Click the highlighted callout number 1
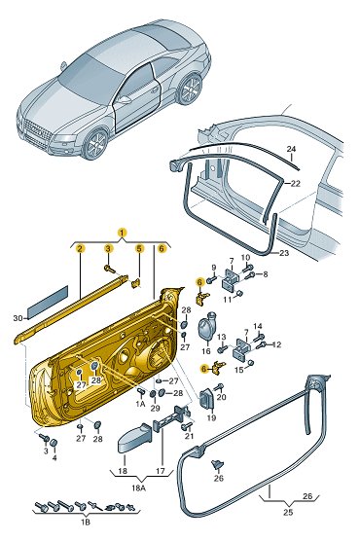[122, 233]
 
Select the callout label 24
[291, 149]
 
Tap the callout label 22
[296, 184]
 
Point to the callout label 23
[284, 253]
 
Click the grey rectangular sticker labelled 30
[48, 303]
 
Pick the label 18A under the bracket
[138, 487]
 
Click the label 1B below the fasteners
[86, 522]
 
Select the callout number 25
[288, 512]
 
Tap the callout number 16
[206, 351]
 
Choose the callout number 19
[211, 417]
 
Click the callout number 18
[123, 471]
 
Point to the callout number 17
[161, 471]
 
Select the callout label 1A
[140, 404]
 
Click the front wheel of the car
[96, 144]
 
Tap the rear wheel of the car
[190, 89]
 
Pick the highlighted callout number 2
[80, 248]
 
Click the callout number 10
[245, 258]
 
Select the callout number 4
[54, 458]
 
